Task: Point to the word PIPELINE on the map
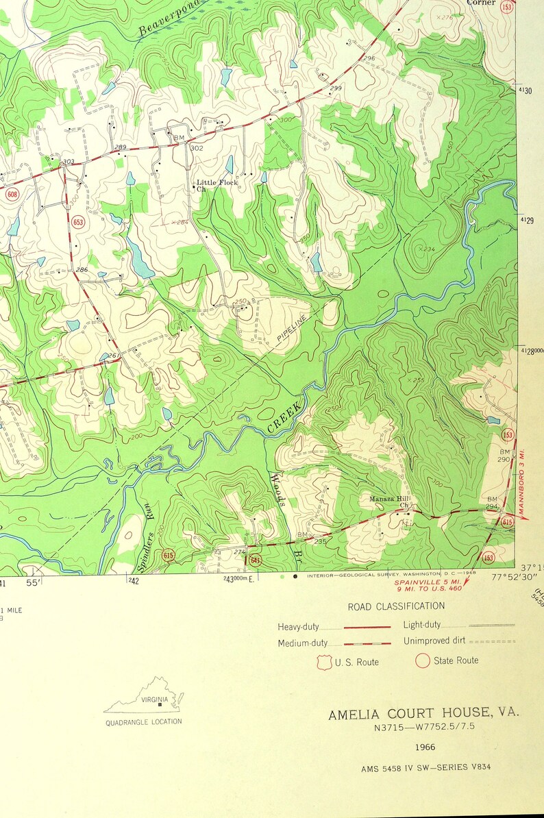tap(292, 327)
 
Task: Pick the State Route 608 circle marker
tap(12, 195)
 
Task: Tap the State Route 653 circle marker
tap(78, 222)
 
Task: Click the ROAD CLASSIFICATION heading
tap(396, 606)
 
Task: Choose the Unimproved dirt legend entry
tap(435, 641)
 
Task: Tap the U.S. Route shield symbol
tap(324, 662)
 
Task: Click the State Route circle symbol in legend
tap(423, 660)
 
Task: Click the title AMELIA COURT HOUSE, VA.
tap(423, 714)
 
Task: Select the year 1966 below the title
tap(425, 747)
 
